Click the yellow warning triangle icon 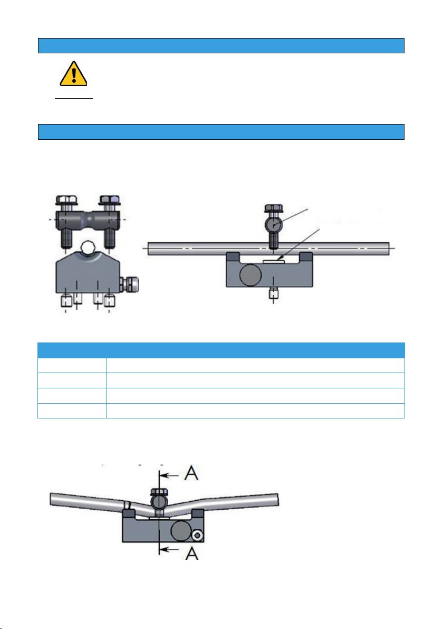(x=73, y=74)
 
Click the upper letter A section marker (x=191, y=473)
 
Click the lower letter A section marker (x=192, y=553)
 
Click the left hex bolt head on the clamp (x=66, y=200)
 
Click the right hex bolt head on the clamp (x=110, y=200)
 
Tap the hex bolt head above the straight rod (x=273, y=208)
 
